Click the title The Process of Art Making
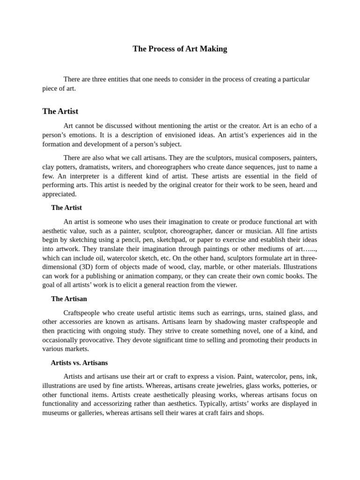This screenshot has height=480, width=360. pos(180,49)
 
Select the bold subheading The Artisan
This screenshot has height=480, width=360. pos(69,299)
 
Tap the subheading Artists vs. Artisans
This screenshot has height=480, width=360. pos(79,363)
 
